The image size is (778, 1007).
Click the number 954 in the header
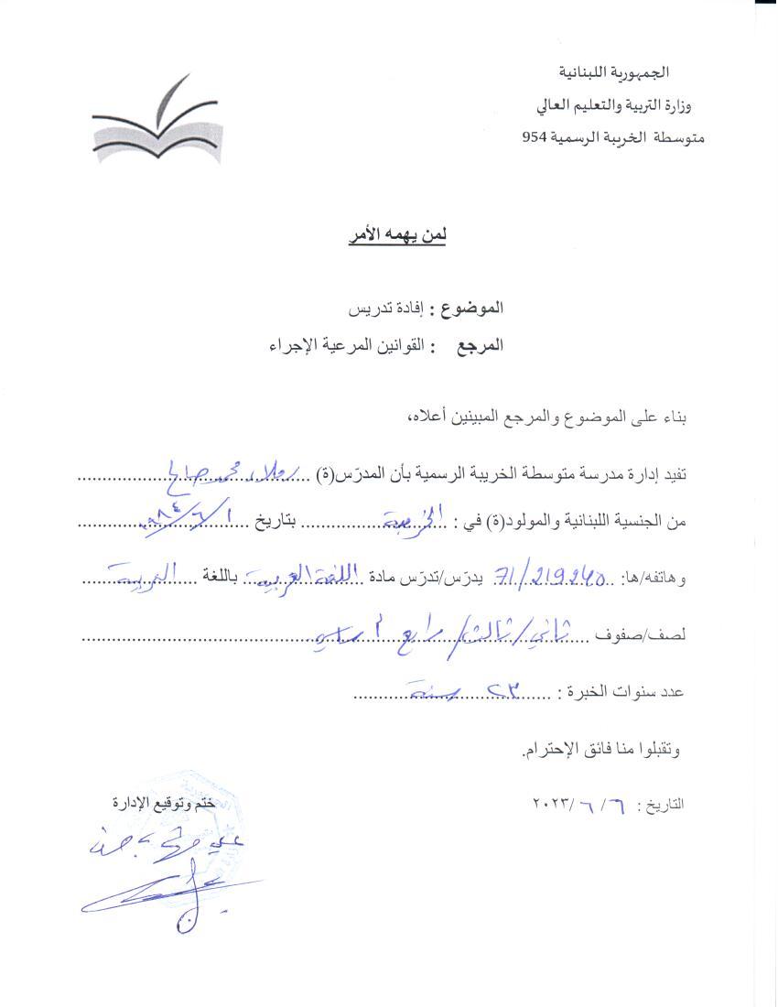coord(535,137)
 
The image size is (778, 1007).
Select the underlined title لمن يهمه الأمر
coord(396,236)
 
